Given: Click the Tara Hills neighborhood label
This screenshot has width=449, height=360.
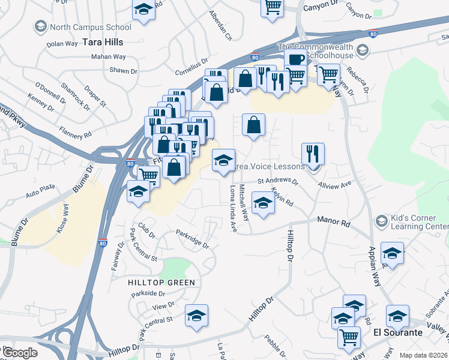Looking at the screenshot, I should (103, 42).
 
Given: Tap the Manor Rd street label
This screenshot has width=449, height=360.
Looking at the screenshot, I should (334, 223).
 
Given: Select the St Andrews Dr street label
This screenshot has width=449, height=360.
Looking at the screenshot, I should (278, 180).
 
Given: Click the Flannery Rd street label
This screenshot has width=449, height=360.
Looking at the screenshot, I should (75, 133).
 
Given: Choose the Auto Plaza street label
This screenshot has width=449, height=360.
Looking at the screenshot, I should (40, 194).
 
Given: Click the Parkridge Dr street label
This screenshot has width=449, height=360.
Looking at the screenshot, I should (192, 238).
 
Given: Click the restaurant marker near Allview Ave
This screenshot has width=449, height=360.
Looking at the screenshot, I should (313, 153).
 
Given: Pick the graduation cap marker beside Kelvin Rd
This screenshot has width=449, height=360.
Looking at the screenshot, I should (262, 203).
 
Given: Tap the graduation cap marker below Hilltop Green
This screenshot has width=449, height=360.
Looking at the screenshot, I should (196, 316).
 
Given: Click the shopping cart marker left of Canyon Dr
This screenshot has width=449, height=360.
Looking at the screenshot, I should (272, 7).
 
